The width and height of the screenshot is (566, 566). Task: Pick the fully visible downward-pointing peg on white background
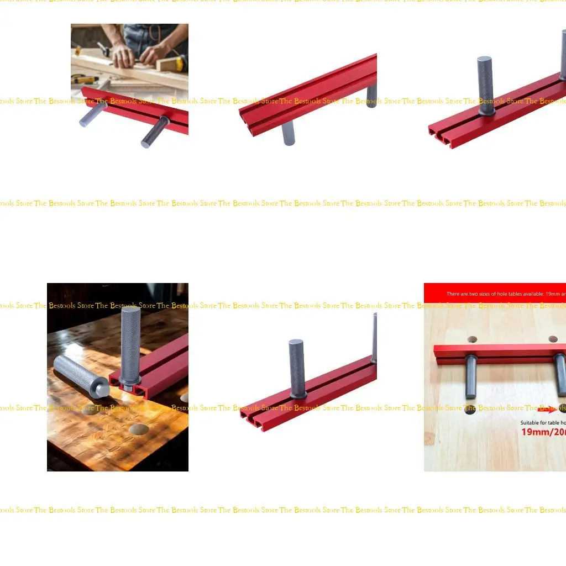coord(288,133)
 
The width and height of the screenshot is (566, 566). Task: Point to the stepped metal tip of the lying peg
coord(101,389)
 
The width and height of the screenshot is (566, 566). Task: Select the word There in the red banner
coord(454,294)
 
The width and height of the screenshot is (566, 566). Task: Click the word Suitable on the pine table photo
coord(531,423)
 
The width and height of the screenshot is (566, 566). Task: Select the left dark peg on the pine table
coord(471,376)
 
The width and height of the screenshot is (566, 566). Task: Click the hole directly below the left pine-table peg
coord(470,411)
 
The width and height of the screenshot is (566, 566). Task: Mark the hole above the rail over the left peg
coord(472,339)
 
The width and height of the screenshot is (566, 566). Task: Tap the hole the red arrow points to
coord(563,410)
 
